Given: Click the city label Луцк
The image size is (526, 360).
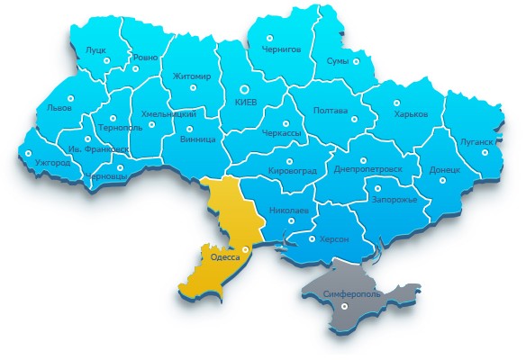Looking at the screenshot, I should point(95,49).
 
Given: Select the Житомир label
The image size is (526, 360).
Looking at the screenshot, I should point(192,76).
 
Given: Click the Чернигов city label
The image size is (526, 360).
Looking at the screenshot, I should point(282,49).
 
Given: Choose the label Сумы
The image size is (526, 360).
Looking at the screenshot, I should point(336,61).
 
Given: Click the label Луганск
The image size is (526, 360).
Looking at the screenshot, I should point(476,141).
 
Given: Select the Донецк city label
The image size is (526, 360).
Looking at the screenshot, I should point(445,168).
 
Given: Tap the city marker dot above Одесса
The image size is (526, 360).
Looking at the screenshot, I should point(246,248).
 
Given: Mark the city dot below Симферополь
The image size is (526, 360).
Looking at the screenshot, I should point(346,307).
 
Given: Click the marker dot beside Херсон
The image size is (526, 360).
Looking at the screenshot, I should point(312,239).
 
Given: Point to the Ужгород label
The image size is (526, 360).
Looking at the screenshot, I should point(52,163).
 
